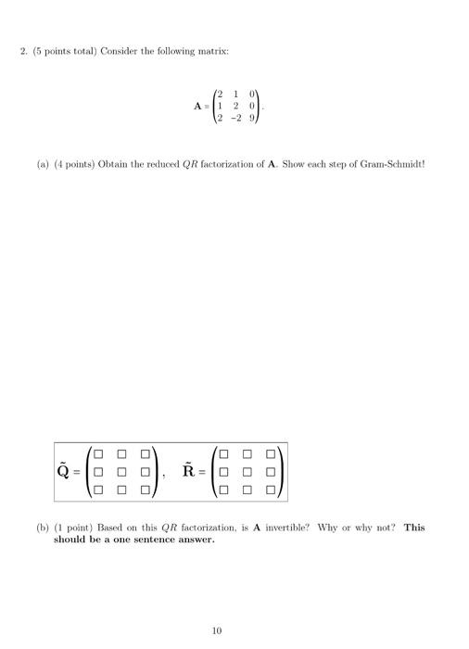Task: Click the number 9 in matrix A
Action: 251,118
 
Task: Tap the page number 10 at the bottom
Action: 217,630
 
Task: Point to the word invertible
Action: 285,527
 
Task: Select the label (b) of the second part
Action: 43,527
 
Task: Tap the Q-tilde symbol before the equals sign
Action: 62,470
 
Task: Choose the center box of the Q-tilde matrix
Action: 121,470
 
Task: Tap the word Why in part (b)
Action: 328,527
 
